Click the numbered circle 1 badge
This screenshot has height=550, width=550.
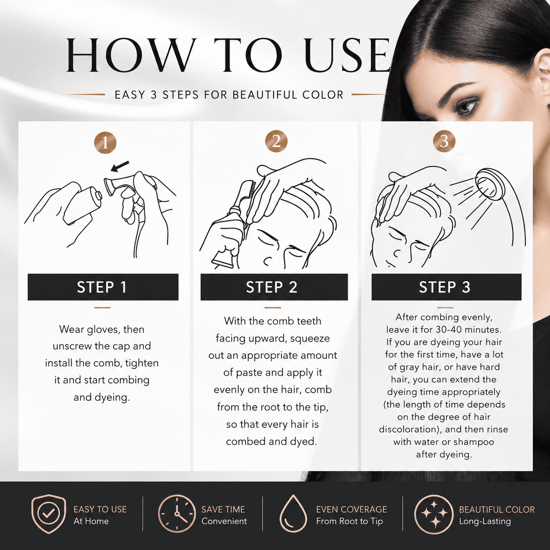click(105, 143)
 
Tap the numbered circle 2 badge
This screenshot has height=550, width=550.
click(276, 142)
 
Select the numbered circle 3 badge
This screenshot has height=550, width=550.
click(444, 142)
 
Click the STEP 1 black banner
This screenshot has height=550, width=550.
click(103, 287)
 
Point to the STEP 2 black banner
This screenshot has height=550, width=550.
click(274, 287)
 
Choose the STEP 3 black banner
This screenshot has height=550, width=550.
click(446, 287)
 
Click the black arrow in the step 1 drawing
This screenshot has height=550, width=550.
click(120, 167)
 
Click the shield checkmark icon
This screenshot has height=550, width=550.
click(49, 514)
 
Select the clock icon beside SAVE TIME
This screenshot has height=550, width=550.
click(177, 514)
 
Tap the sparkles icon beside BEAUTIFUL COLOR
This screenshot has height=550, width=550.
click(434, 514)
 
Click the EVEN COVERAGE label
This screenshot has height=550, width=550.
click(352, 509)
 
